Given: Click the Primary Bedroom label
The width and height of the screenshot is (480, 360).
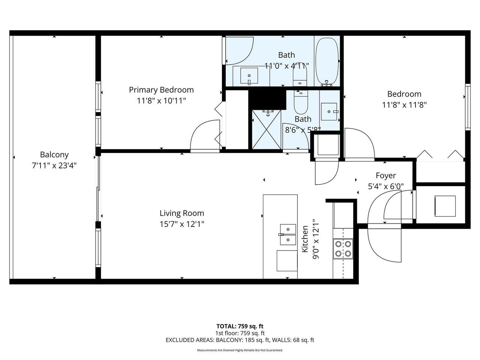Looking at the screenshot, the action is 161,90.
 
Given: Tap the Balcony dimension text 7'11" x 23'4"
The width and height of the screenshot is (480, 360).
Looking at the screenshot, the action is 54,166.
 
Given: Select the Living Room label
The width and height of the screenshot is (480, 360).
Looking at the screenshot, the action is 182,213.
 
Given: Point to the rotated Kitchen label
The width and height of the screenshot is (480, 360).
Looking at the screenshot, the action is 305,239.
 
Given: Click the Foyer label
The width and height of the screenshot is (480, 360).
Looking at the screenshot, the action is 386,175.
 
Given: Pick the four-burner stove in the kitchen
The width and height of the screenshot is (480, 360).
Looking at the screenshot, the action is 343,249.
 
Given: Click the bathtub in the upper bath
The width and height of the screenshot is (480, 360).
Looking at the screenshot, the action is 327,61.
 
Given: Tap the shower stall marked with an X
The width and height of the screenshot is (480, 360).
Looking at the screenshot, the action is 266,130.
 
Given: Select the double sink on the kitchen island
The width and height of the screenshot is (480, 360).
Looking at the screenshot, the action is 288,234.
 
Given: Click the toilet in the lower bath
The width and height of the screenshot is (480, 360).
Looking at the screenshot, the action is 301,102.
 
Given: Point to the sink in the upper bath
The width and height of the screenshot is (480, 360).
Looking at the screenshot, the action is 249,76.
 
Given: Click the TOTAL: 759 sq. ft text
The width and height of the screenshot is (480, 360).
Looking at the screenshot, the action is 240,326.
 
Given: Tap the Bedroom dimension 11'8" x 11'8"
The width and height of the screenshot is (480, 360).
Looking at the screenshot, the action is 404,105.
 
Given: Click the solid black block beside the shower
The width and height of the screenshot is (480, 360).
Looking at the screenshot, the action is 267,100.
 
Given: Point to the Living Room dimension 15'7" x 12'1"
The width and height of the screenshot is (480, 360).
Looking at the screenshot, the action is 182,224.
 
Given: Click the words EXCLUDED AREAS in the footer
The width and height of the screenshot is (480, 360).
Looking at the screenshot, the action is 190,340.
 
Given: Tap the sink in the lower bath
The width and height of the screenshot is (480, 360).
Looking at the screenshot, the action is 329,111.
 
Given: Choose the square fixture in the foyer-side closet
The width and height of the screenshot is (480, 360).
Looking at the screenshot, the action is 445,206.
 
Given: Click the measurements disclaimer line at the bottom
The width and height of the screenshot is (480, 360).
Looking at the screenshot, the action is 240,350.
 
